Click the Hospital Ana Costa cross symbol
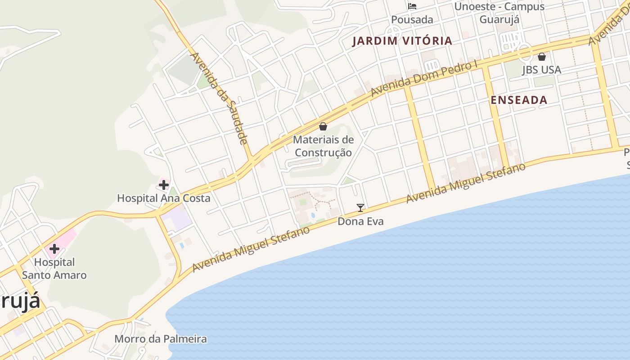coord(164,184)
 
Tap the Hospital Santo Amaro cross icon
coord(54,249)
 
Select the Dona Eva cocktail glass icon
coord(360,207)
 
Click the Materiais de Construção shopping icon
coord(323,126)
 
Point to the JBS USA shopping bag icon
coord(542,57)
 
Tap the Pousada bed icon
coord(412,6)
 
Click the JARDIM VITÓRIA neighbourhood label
coord(402,41)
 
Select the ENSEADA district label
coord(519,100)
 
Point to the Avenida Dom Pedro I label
coord(423,79)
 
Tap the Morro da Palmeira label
coord(161,339)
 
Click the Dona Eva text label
coord(360,221)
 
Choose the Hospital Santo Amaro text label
coord(54,268)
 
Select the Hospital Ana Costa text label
coord(164,198)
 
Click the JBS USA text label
coord(541,70)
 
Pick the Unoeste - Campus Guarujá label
coord(499,13)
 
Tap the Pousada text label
coord(412,19)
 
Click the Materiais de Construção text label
coord(323,146)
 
